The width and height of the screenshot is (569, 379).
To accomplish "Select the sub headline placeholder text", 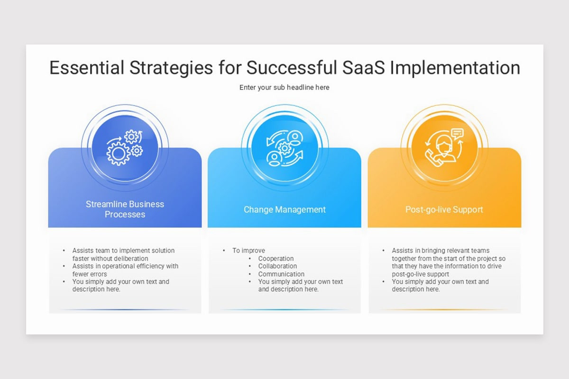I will point(284,87).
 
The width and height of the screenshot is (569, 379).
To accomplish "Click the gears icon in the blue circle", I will point(125,148).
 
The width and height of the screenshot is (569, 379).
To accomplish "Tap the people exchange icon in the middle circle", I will point(284,148).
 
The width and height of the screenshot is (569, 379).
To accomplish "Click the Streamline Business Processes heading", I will point(125,209).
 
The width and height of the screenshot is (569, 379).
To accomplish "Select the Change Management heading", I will point(284,209).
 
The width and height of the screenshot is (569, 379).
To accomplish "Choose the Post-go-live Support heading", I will point(444,209).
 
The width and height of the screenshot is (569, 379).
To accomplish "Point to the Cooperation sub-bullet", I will point(275,259).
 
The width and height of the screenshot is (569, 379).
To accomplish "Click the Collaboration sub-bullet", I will point(277,266).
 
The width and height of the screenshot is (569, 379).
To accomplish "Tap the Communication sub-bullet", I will point(281,274).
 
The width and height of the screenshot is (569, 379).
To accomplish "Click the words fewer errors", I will point(90,274).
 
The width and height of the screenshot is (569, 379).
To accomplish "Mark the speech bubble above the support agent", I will point(457,134).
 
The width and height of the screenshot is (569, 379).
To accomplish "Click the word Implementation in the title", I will point(455,68).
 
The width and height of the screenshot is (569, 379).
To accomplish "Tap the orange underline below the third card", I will point(444,310).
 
